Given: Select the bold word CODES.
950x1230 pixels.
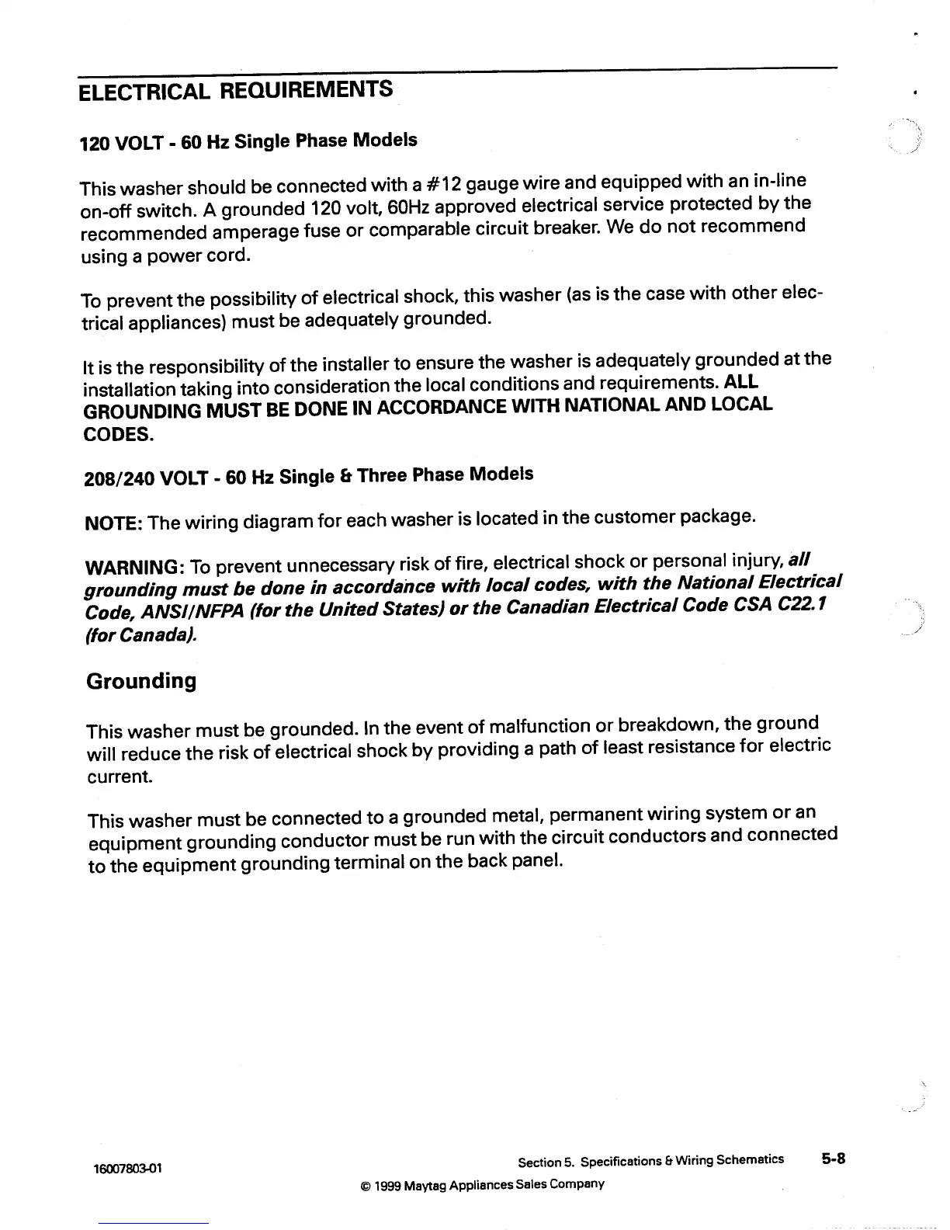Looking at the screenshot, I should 118,434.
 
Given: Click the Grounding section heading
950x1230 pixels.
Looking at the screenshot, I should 140,682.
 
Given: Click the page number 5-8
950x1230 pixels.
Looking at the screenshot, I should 834,1159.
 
